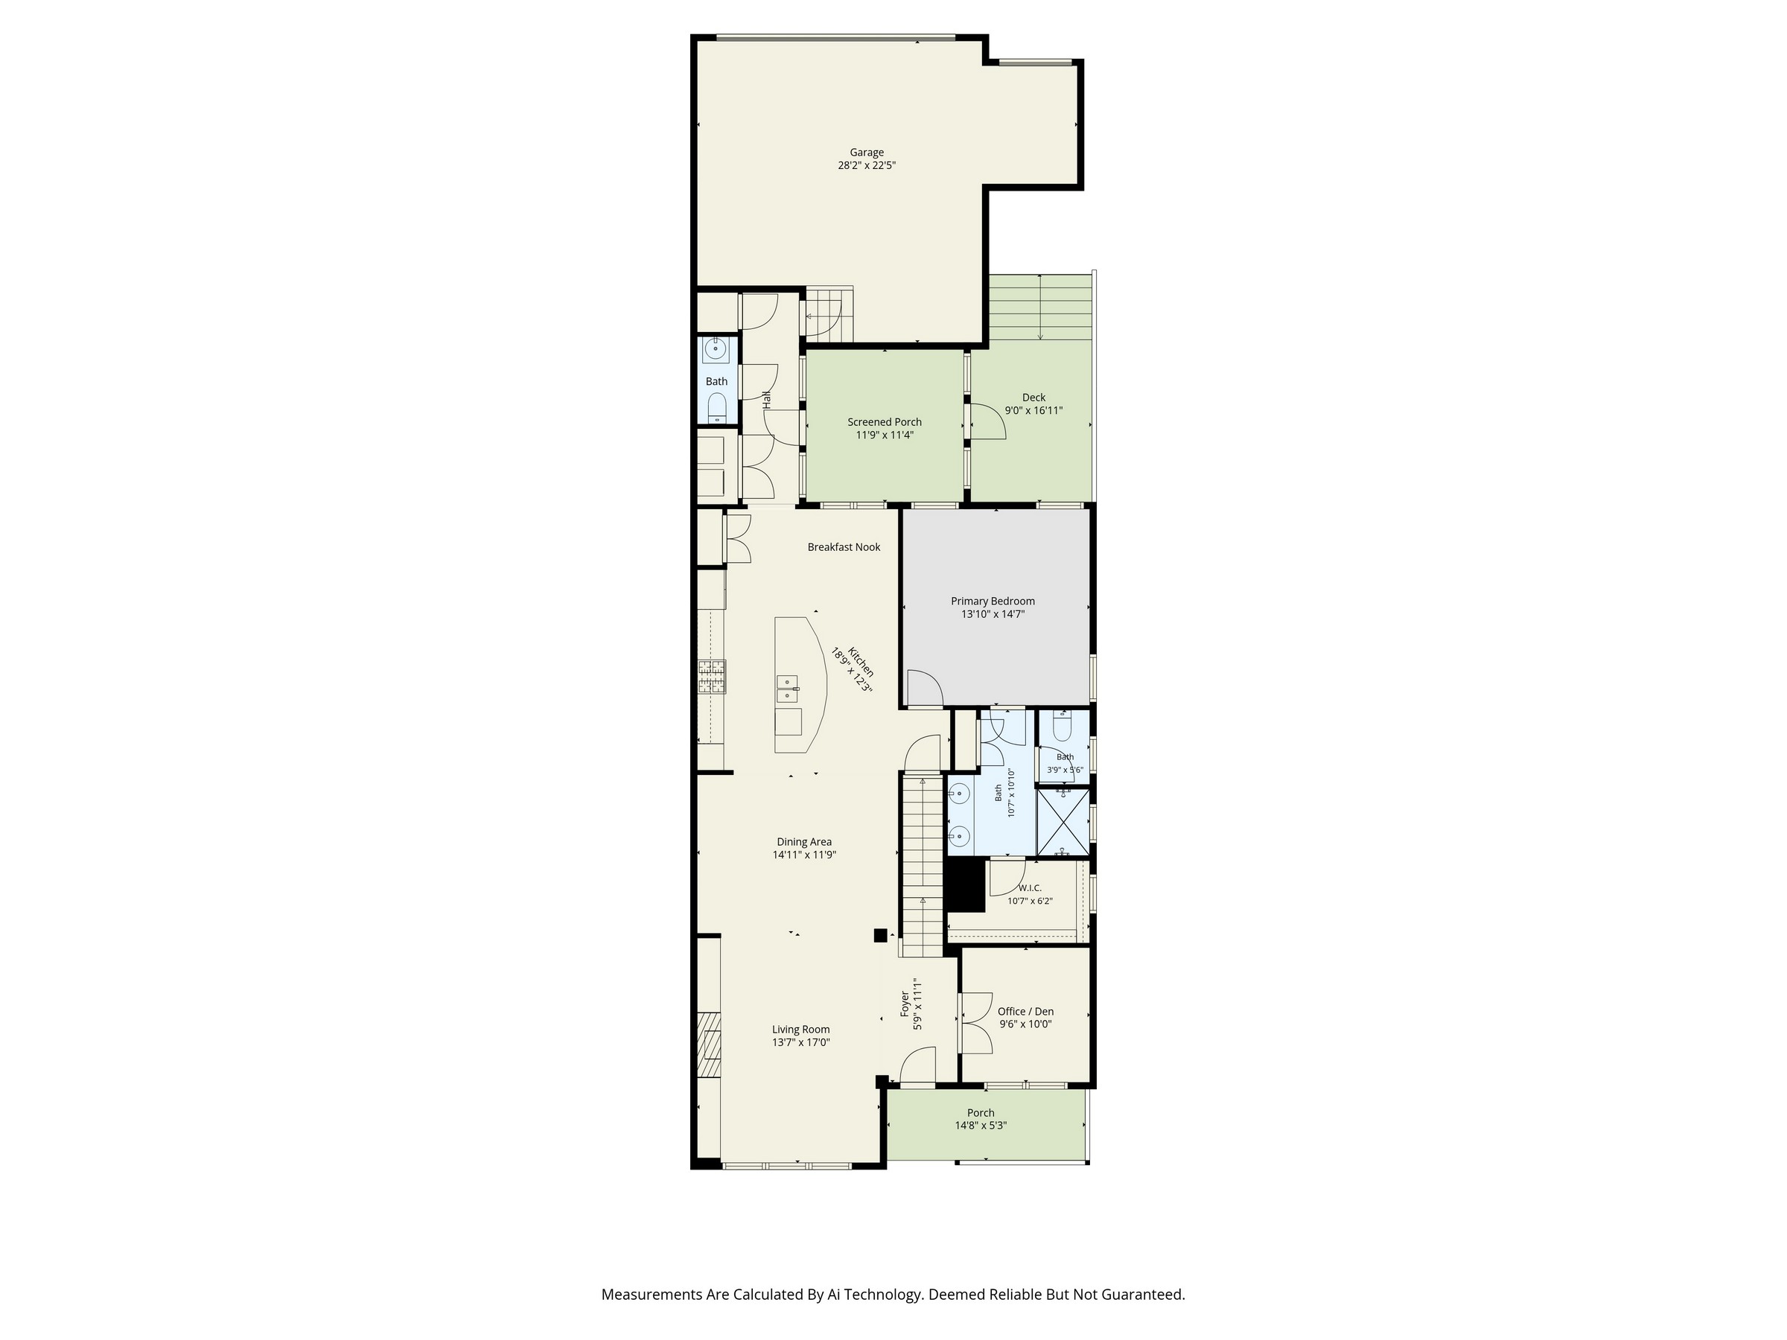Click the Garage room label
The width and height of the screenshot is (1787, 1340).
pos(866,152)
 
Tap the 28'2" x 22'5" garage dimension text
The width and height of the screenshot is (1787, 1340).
pos(867,165)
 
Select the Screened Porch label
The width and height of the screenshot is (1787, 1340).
pos(885,421)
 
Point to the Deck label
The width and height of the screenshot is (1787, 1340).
pos(1033,398)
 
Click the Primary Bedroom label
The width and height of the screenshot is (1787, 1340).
pos(993,601)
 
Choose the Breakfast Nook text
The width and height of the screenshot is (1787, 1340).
pos(844,547)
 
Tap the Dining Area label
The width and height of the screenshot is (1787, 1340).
pos(804,842)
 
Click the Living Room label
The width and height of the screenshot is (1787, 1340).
pos(800,1029)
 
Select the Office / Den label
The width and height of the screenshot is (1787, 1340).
pos(1025,1011)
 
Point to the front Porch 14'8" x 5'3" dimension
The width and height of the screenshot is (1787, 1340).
pos(981,1125)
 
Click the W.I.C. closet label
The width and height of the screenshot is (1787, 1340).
pos(1030,887)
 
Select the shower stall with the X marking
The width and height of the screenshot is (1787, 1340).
pos(1063,821)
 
